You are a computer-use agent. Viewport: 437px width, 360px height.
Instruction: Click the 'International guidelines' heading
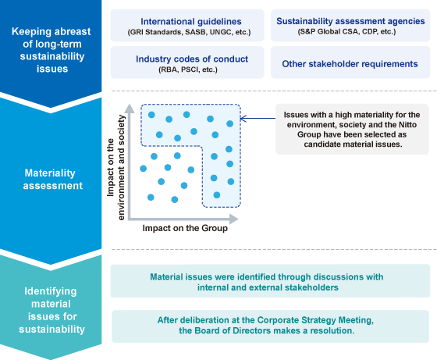click(191, 21)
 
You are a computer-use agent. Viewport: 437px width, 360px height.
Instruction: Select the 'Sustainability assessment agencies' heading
click(350, 21)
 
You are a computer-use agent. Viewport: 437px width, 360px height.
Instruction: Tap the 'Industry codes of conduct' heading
click(192, 59)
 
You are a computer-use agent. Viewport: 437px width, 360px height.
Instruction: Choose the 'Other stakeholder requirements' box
click(350, 62)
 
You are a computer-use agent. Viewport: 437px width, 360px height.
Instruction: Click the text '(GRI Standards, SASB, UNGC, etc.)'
click(189, 32)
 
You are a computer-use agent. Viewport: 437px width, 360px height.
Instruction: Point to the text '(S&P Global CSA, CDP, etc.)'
click(346, 32)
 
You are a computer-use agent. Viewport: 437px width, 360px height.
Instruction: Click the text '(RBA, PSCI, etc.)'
click(188, 70)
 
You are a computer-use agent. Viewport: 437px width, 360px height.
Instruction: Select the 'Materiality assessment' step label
click(53, 180)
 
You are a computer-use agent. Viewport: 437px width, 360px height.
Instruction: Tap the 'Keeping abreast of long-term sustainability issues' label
click(52, 50)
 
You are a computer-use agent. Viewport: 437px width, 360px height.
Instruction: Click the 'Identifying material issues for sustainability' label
click(52, 310)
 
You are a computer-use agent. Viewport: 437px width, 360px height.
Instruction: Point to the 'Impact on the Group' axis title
click(185, 228)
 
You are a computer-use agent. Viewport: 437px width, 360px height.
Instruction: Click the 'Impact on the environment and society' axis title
click(115, 167)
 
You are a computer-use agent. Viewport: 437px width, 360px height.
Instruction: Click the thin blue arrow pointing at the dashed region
click(258, 119)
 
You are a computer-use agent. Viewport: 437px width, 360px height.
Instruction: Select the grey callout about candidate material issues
click(352, 129)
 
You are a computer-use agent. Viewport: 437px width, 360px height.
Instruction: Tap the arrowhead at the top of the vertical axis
click(130, 109)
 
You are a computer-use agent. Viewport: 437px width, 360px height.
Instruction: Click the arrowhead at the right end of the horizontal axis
click(233, 219)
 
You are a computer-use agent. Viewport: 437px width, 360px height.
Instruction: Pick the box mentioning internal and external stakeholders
click(270, 281)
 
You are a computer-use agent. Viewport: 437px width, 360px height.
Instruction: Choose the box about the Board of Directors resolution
click(270, 326)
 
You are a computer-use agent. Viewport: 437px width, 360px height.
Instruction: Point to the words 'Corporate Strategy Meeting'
click(315, 320)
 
